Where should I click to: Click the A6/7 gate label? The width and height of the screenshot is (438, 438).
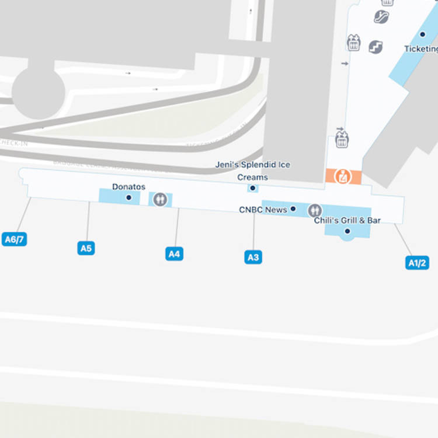(15, 239)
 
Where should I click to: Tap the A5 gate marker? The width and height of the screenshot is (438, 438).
(86, 248)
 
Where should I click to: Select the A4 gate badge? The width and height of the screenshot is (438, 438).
(174, 253)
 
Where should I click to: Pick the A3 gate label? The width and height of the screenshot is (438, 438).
(253, 257)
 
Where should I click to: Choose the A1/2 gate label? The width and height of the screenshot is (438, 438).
(417, 263)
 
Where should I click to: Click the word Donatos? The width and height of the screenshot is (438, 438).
(128, 187)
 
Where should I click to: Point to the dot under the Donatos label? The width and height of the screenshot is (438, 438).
(128, 198)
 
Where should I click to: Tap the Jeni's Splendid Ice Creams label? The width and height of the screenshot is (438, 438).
(252, 171)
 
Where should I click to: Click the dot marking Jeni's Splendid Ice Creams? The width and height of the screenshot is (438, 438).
(252, 188)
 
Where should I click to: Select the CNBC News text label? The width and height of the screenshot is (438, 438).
(263, 209)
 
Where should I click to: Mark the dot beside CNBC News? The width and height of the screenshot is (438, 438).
(293, 208)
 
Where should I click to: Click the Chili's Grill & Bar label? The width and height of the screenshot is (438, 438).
(347, 220)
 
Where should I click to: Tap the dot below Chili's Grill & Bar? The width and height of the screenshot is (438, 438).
(347, 231)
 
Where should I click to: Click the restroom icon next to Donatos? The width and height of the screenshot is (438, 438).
(160, 199)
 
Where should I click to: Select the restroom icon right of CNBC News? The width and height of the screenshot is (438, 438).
(315, 210)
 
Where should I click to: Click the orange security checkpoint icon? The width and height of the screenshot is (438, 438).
(342, 176)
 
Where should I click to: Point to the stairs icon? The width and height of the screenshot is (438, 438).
(376, 47)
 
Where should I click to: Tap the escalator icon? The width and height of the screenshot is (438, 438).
(381, 16)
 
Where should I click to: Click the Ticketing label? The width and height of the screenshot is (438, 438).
(421, 49)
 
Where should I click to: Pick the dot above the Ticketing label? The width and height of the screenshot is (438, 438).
(423, 34)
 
